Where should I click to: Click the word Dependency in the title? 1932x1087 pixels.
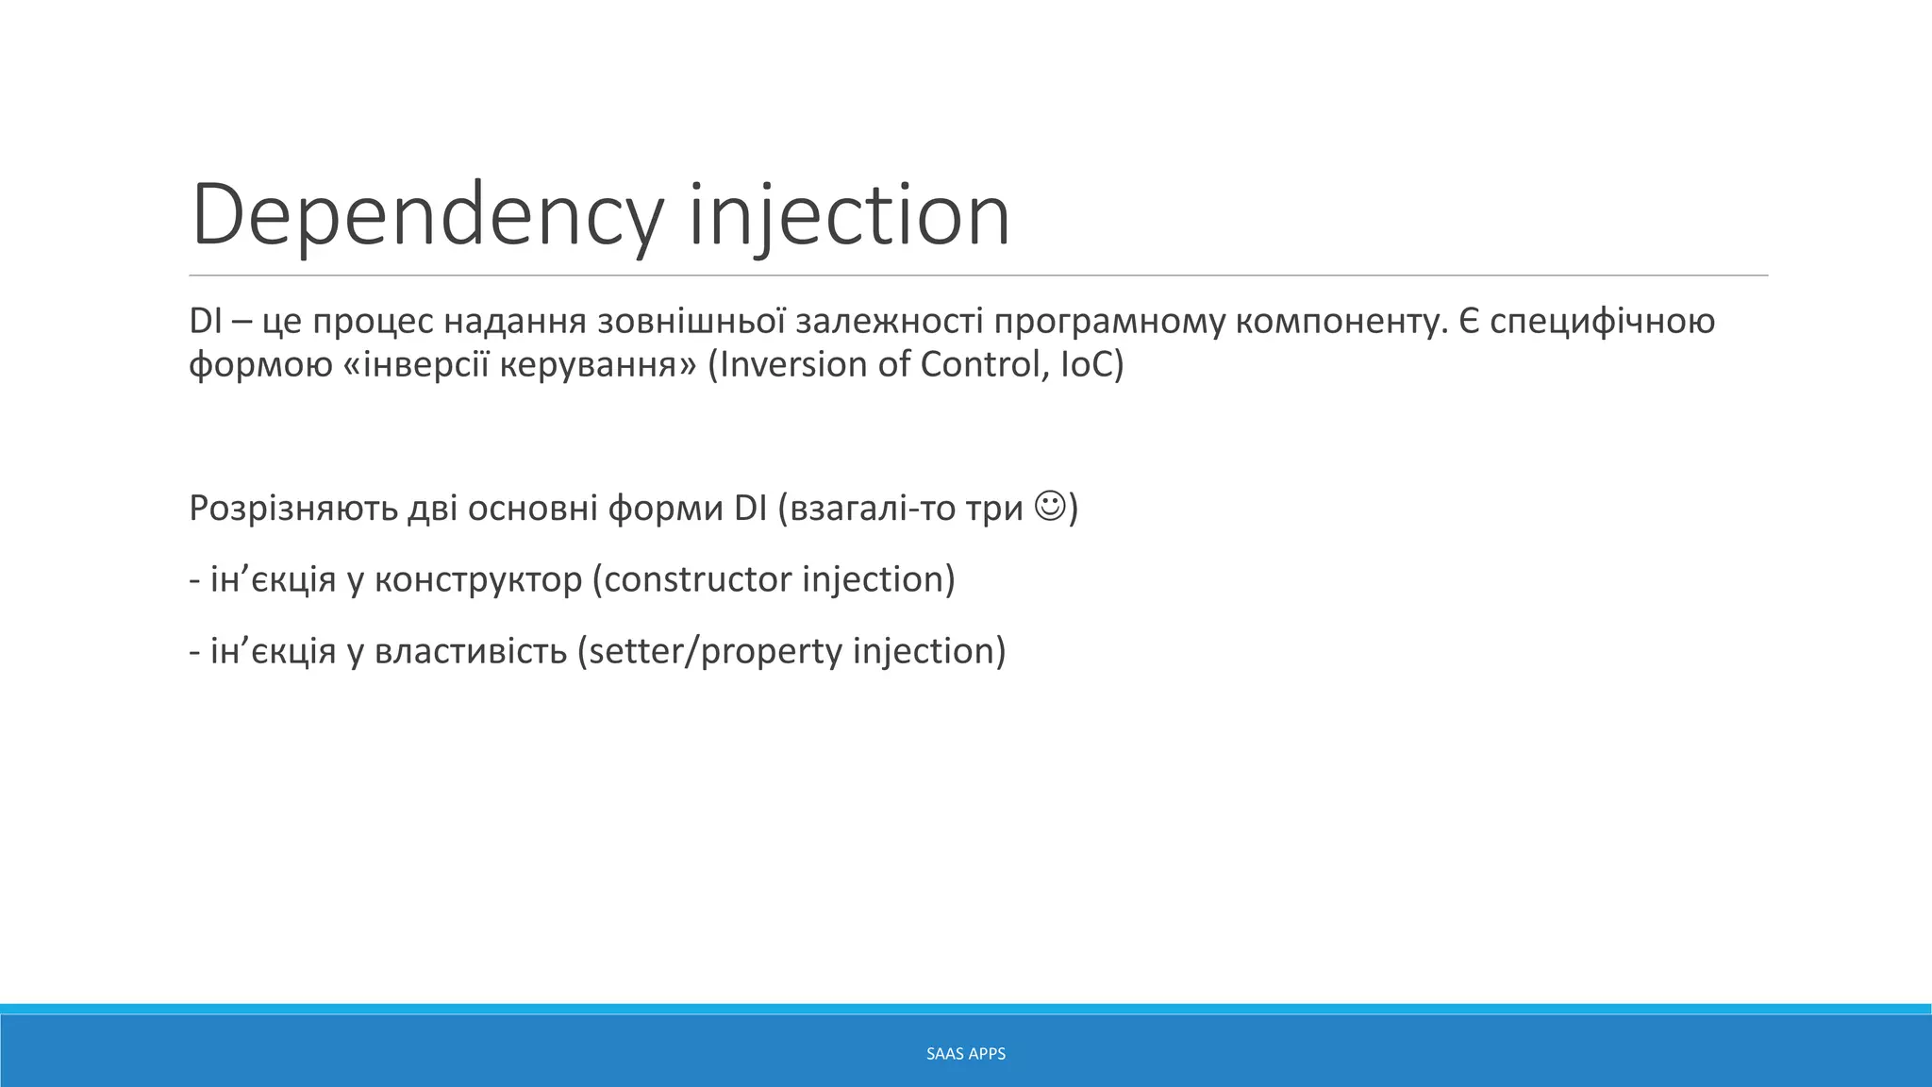426,215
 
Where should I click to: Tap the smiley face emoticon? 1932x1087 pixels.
1049,506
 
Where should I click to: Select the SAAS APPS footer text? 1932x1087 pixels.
966,1054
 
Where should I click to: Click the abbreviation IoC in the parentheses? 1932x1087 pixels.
1088,364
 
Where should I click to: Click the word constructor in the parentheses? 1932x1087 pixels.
697,578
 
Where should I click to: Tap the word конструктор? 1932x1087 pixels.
478,578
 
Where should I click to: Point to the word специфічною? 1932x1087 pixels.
1602,322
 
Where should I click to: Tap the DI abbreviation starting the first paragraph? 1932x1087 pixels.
205,322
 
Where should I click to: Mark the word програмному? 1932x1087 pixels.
1108,322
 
